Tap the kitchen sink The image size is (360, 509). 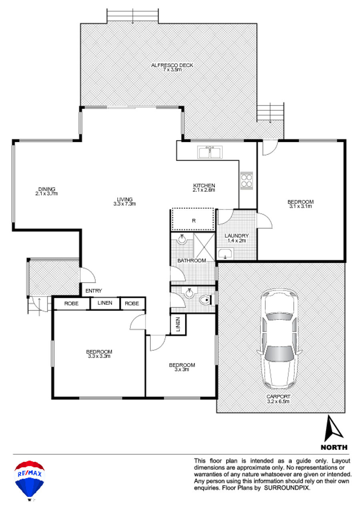(x=210, y=152)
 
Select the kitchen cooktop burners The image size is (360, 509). (x=246, y=180)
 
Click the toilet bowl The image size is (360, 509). (x=205, y=300)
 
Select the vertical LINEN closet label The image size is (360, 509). (x=178, y=324)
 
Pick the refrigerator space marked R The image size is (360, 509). (x=193, y=220)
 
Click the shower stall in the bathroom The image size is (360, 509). (x=204, y=247)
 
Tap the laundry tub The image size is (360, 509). (x=225, y=254)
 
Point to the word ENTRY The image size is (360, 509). (x=94, y=291)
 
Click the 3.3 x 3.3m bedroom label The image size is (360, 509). (x=99, y=354)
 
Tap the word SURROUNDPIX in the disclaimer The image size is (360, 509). (x=286, y=488)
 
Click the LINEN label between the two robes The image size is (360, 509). (x=105, y=303)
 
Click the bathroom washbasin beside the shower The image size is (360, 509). (x=182, y=240)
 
